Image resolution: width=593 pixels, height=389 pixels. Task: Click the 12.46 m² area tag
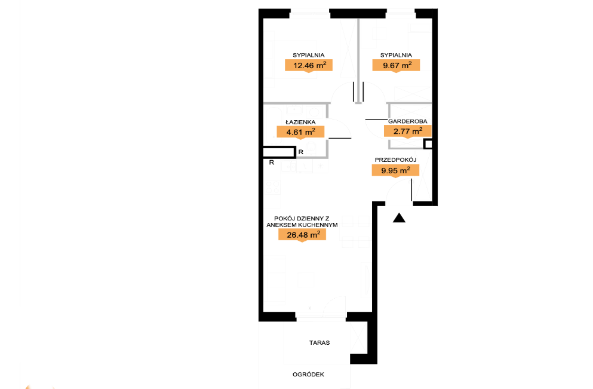coord(309,66)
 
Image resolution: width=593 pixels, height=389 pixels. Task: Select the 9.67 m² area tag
coord(396,66)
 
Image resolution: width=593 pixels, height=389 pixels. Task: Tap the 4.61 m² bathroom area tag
coord(300,132)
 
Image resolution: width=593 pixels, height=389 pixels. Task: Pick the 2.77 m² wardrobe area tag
coord(408,131)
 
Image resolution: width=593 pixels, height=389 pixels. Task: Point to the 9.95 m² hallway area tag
coord(395,170)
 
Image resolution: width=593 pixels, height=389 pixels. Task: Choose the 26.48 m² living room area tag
coord(302,235)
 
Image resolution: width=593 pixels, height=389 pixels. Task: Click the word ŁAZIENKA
coord(300,122)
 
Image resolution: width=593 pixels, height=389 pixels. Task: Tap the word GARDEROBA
coord(408,121)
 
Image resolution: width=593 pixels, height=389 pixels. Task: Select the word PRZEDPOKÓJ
coord(395,160)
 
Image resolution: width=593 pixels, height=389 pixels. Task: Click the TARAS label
coord(319,343)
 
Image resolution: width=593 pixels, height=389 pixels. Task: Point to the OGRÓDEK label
coord(308,375)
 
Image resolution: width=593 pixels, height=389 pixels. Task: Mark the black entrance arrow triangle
coord(399,218)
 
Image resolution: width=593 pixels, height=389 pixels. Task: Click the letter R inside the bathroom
coord(301,152)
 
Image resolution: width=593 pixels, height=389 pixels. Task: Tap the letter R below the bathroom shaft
coord(272,163)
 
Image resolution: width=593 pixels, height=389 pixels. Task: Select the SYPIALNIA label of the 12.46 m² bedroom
coord(309,55)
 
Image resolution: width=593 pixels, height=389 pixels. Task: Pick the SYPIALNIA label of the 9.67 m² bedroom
coord(396,55)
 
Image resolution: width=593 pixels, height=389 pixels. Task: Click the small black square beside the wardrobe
coord(428,144)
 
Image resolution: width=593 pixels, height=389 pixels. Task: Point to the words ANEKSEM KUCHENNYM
coord(302,225)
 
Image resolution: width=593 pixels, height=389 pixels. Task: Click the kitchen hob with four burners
coord(272,187)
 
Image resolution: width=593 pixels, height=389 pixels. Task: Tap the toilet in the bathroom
coord(311,149)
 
